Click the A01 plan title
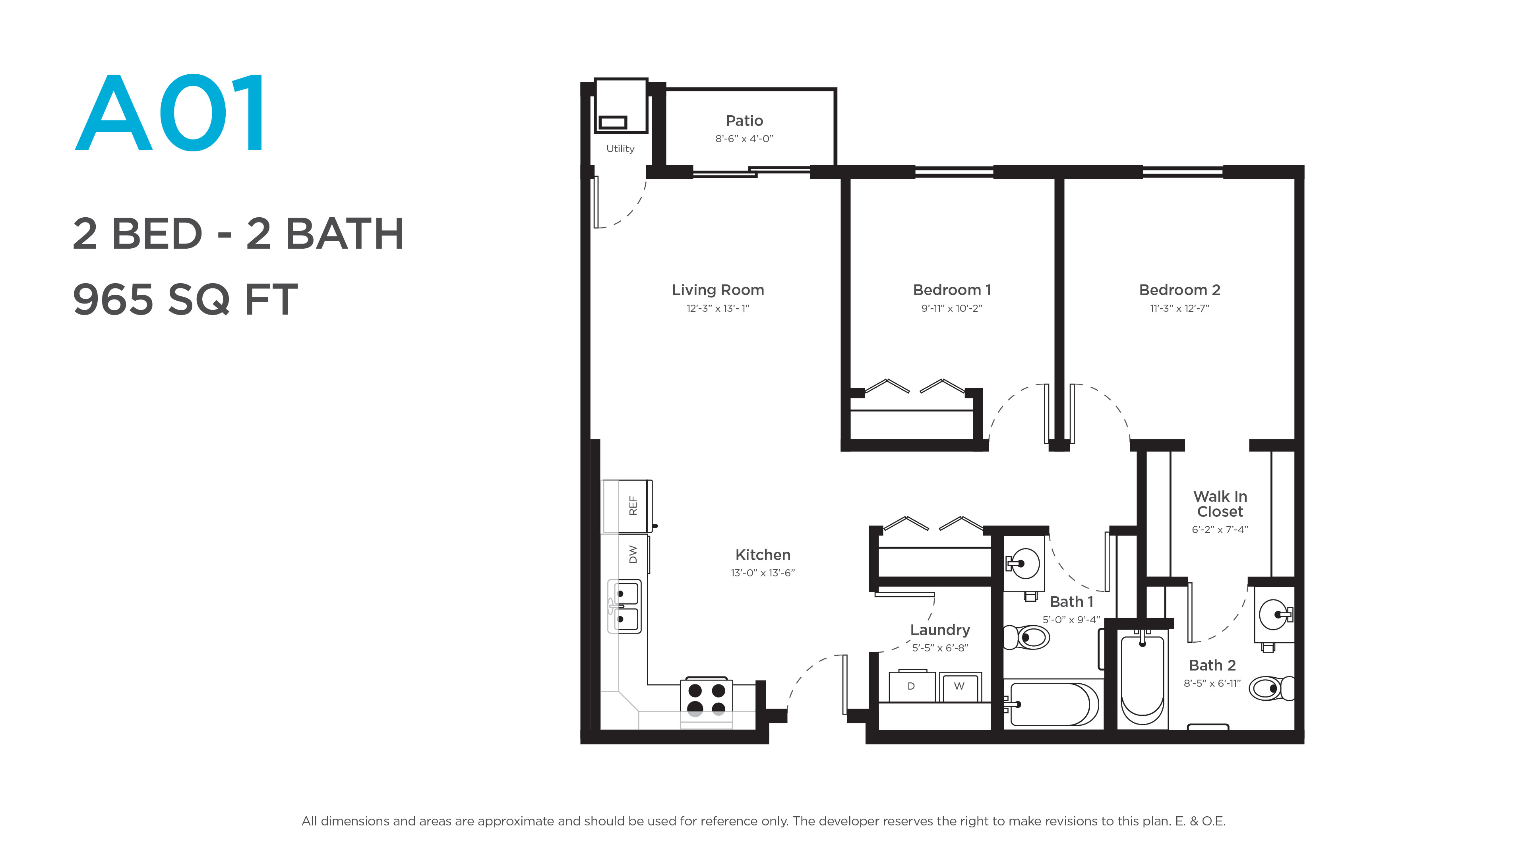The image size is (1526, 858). click(x=170, y=112)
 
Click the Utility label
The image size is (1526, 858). click(x=620, y=149)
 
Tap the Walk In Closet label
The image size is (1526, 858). click(x=1220, y=504)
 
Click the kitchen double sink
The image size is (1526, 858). click(x=624, y=606)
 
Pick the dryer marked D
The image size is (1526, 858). click(x=912, y=686)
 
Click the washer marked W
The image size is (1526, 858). click(x=960, y=687)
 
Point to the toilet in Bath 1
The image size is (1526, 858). click(x=1026, y=638)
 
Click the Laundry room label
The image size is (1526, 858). click(x=940, y=630)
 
